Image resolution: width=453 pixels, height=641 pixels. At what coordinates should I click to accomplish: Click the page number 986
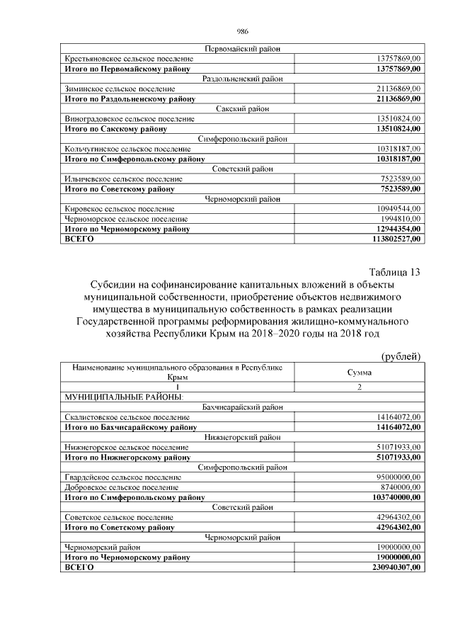(x=241, y=32)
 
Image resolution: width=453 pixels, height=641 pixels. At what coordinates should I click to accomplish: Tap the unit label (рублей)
(x=401, y=356)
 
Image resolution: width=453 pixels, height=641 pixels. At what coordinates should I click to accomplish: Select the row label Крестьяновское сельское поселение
(x=129, y=59)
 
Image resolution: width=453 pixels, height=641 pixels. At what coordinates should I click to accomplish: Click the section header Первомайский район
(x=241, y=49)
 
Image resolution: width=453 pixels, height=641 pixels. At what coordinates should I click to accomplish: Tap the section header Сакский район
(x=241, y=108)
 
